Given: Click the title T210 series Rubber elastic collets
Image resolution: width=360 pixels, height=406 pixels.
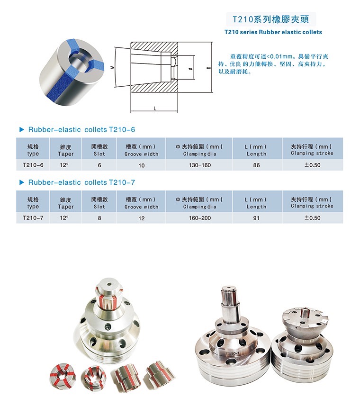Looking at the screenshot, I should coord(273,32).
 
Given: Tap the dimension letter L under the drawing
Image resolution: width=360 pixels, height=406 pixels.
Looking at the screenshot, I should coord(154,108).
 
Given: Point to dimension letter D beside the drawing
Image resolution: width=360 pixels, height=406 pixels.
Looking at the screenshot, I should coord(208,68).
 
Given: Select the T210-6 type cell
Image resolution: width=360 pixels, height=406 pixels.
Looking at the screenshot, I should coord(33,165).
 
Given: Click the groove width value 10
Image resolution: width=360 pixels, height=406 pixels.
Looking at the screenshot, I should coord(141,165).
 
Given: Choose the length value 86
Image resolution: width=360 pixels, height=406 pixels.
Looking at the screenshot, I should coord(256,165).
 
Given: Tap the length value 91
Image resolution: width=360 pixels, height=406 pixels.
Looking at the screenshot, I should coord(256,218).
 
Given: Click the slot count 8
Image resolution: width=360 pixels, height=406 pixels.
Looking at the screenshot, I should coord(99,218).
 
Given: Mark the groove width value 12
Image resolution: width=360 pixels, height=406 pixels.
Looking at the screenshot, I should coord(141,218).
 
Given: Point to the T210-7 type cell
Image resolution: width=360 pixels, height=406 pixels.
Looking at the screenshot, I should coord(33,218).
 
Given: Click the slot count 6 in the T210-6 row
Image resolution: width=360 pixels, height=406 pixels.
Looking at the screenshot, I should coord(99,165).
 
